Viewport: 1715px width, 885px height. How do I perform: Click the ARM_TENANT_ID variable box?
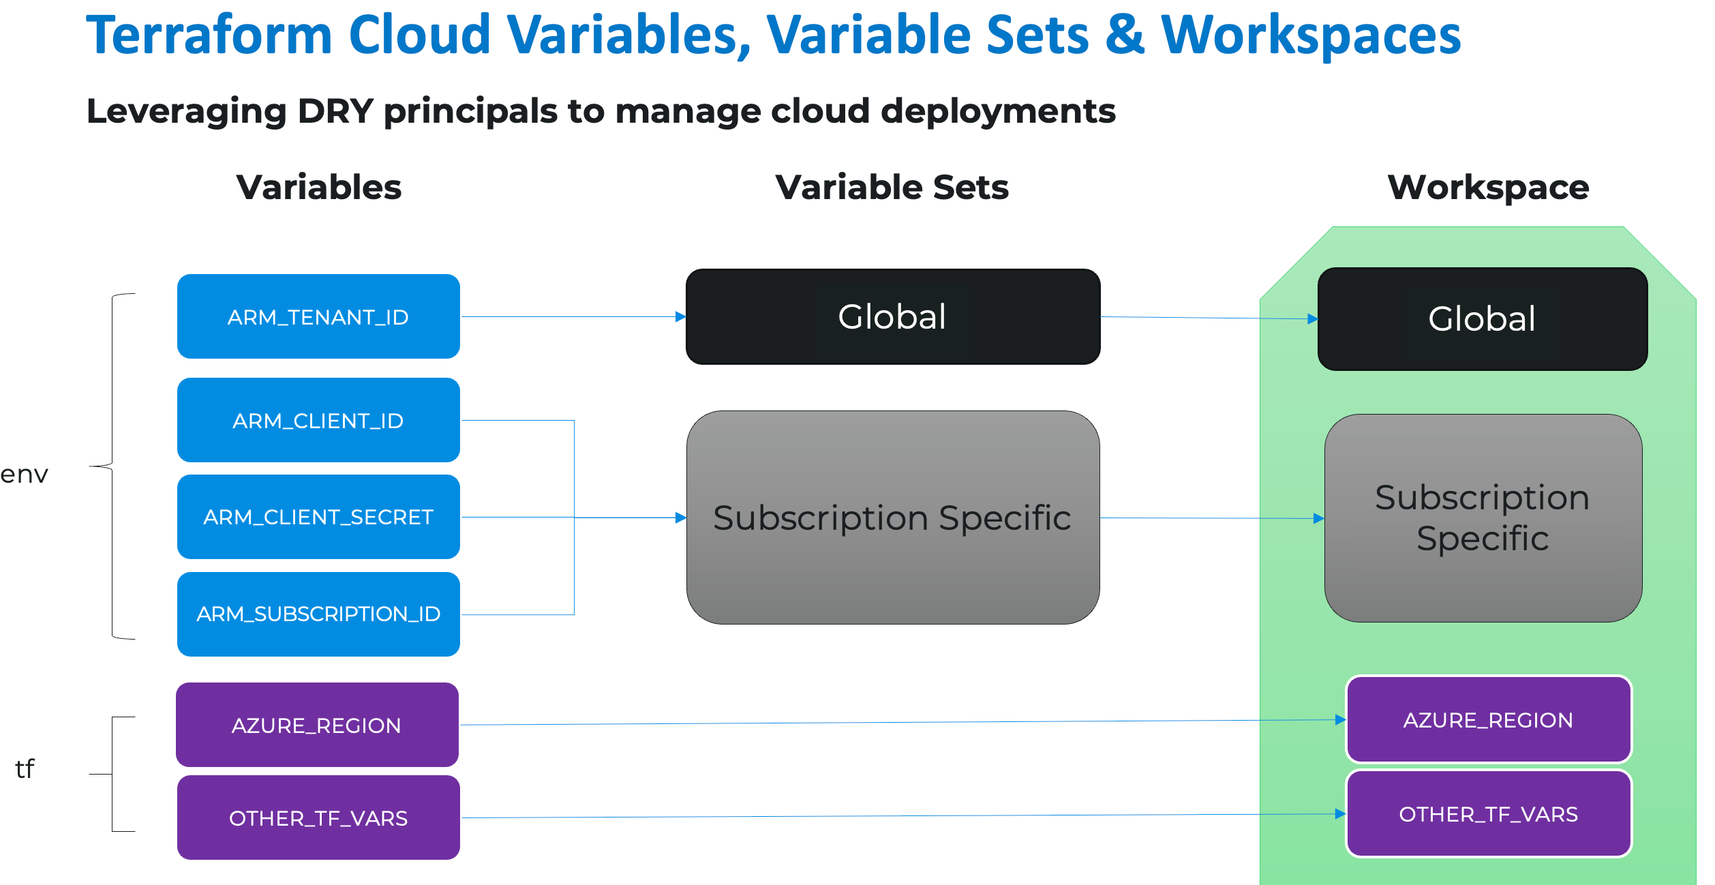318,316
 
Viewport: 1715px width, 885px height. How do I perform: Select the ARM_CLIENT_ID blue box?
318,420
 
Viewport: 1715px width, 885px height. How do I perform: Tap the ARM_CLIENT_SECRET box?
318,517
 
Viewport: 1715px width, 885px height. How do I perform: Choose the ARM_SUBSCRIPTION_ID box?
318,614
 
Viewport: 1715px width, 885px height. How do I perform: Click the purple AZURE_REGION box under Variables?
317,725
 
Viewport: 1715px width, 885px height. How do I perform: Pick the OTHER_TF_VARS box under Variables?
318,817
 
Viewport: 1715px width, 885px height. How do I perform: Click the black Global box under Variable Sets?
892,316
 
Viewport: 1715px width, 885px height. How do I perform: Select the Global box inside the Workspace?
1482,318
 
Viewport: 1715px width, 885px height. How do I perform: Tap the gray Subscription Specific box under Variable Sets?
892,517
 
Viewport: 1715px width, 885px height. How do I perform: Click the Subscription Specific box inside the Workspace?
1483,518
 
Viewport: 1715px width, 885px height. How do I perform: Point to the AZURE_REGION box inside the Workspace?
1488,719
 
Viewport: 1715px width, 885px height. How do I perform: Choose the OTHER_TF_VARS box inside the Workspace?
1488,813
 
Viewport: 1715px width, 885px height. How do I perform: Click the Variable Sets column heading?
892,187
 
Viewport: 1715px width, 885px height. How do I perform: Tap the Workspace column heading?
1488,187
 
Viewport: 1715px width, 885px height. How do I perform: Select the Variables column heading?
318,187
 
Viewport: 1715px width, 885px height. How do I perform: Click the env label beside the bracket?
25,474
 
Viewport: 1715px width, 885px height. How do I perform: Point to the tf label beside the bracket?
25,768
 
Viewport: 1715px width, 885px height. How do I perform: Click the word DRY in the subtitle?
335,111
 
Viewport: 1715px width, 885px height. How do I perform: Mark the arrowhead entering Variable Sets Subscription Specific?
680,517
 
